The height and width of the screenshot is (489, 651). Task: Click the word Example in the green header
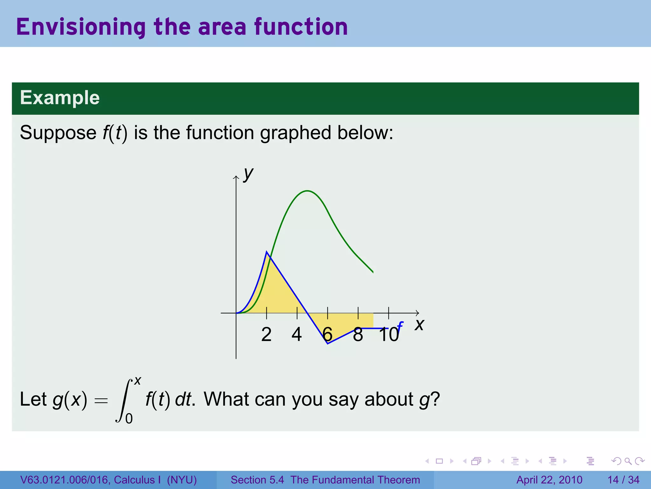click(x=60, y=97)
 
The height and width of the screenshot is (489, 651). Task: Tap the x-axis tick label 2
click(x=266, y=335)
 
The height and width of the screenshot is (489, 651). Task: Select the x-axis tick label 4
click(x=297, y=335)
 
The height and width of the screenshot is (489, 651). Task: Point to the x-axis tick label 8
click(x=358, y=335)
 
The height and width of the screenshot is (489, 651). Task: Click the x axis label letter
click(x=419, y=325)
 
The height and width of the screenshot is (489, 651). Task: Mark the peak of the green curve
click(x=307, y=191)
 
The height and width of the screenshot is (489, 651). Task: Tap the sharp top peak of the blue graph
click(x=267, y=252)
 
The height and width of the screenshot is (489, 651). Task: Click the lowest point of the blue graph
click(x=327, y=344)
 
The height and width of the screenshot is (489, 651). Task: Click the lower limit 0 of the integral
click(x=129, y=418)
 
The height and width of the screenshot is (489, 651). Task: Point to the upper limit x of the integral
click(x=138, y=380)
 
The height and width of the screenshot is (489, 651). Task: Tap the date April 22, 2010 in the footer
click(x=549, y=480)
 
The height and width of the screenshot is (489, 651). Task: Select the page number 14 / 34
click(x=623, y=480)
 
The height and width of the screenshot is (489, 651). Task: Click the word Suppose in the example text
click(x=58, y=132)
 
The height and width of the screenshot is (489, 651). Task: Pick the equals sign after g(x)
click(x=101, y=400)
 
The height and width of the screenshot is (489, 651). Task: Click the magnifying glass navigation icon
click(x=628, y=461)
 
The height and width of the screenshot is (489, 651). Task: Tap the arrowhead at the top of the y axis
click(x=236, y=177)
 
